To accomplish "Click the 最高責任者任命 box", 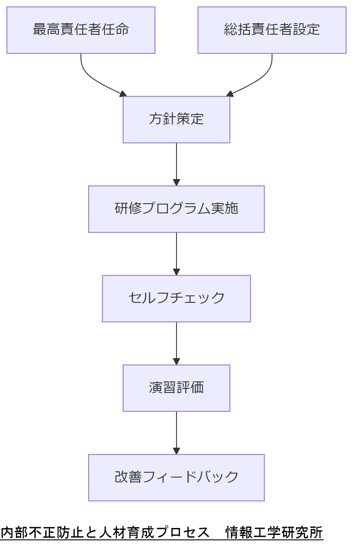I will point(81,30).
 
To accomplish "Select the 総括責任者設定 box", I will point(272,30).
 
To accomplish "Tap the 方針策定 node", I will point(176,119).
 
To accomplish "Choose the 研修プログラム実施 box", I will point(176,209).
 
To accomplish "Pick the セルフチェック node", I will point(176,298).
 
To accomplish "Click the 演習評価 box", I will point(176,388).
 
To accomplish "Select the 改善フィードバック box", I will point(176,478).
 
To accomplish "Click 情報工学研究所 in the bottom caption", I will point(274,532).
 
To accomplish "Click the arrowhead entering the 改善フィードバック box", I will point(176,451).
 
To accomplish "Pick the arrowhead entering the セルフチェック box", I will point(176,272).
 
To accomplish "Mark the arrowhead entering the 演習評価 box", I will point(176,361).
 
